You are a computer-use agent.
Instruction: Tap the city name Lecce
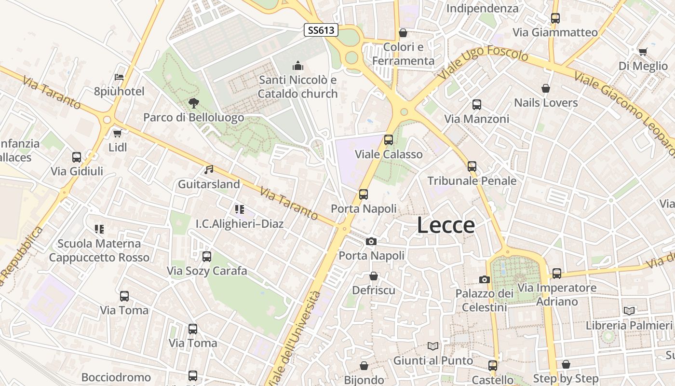coord(445,225)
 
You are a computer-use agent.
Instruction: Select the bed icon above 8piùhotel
coord(119,77)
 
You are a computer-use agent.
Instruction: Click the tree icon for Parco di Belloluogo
coord(194,103)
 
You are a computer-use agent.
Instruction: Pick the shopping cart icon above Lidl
coord(117,133)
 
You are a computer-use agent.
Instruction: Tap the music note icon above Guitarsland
coord(208,169)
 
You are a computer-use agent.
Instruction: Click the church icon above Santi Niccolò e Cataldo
coord(298,66)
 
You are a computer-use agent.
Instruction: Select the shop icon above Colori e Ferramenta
coord(403,33)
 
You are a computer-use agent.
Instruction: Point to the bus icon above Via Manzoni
coord(477,104)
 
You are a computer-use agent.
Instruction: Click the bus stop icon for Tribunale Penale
coord(472,166)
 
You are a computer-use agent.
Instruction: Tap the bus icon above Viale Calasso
coord(388,140)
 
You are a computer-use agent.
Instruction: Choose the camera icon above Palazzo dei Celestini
coord(485,279)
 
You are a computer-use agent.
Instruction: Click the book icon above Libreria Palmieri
coord(629,311)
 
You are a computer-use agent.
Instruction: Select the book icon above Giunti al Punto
coord(433,346)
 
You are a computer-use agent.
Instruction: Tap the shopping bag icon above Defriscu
coord(374,276)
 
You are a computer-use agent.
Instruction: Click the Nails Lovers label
coord(546,103)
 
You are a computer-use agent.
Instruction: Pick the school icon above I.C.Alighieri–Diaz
coord(239,209)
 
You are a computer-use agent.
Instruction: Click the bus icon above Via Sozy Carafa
coord(207,256)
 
